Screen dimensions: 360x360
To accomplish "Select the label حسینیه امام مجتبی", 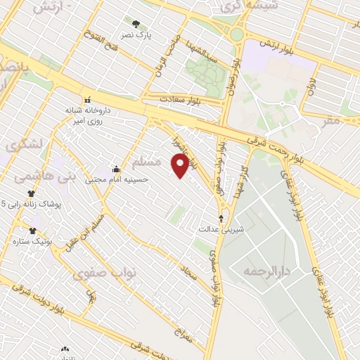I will pos(117,179).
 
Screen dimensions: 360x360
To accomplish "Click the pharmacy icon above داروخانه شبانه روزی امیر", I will pos(88,100).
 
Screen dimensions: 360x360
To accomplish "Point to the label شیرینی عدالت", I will pos(222,229).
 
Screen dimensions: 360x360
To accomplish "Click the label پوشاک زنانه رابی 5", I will pos(32,205).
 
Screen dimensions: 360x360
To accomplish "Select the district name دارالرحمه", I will pos(266,270).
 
